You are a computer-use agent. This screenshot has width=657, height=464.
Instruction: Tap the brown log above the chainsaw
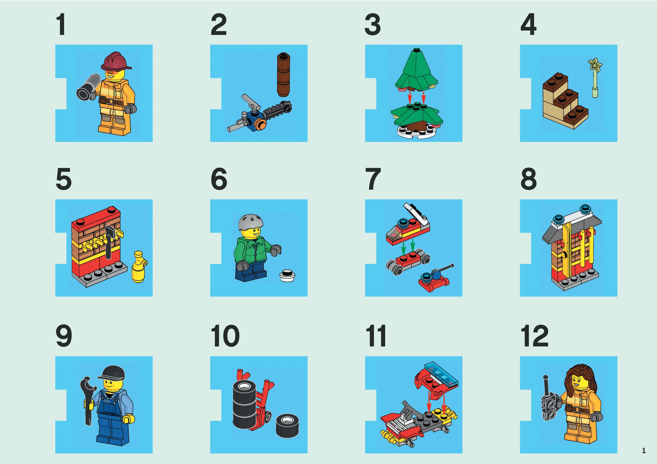coord(283,75)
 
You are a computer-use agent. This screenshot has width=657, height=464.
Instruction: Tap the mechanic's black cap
coord(113,372)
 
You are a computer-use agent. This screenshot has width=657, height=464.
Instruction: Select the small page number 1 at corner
coord(644,451)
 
